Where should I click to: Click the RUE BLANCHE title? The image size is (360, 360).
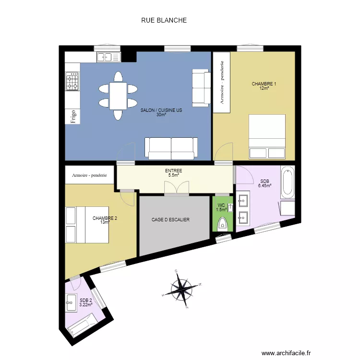164,20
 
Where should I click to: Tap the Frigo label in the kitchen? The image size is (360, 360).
73,117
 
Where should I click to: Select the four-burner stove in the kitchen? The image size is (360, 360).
72,81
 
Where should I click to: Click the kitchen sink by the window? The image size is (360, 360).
108,57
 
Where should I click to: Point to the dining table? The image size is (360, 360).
118,96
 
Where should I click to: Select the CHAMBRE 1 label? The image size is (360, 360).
264,84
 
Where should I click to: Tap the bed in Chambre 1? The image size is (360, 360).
267,137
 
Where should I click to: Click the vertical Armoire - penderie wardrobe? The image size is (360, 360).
222,82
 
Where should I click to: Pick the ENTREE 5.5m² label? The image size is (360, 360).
174,173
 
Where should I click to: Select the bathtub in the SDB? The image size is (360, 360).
288,182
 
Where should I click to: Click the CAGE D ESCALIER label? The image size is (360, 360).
170,220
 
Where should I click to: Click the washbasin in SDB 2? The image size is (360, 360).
71,302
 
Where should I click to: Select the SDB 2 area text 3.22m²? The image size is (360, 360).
86,305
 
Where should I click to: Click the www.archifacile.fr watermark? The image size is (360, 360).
286,353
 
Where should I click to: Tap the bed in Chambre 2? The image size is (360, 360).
87,225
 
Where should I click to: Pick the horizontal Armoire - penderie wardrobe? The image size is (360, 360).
90,175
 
